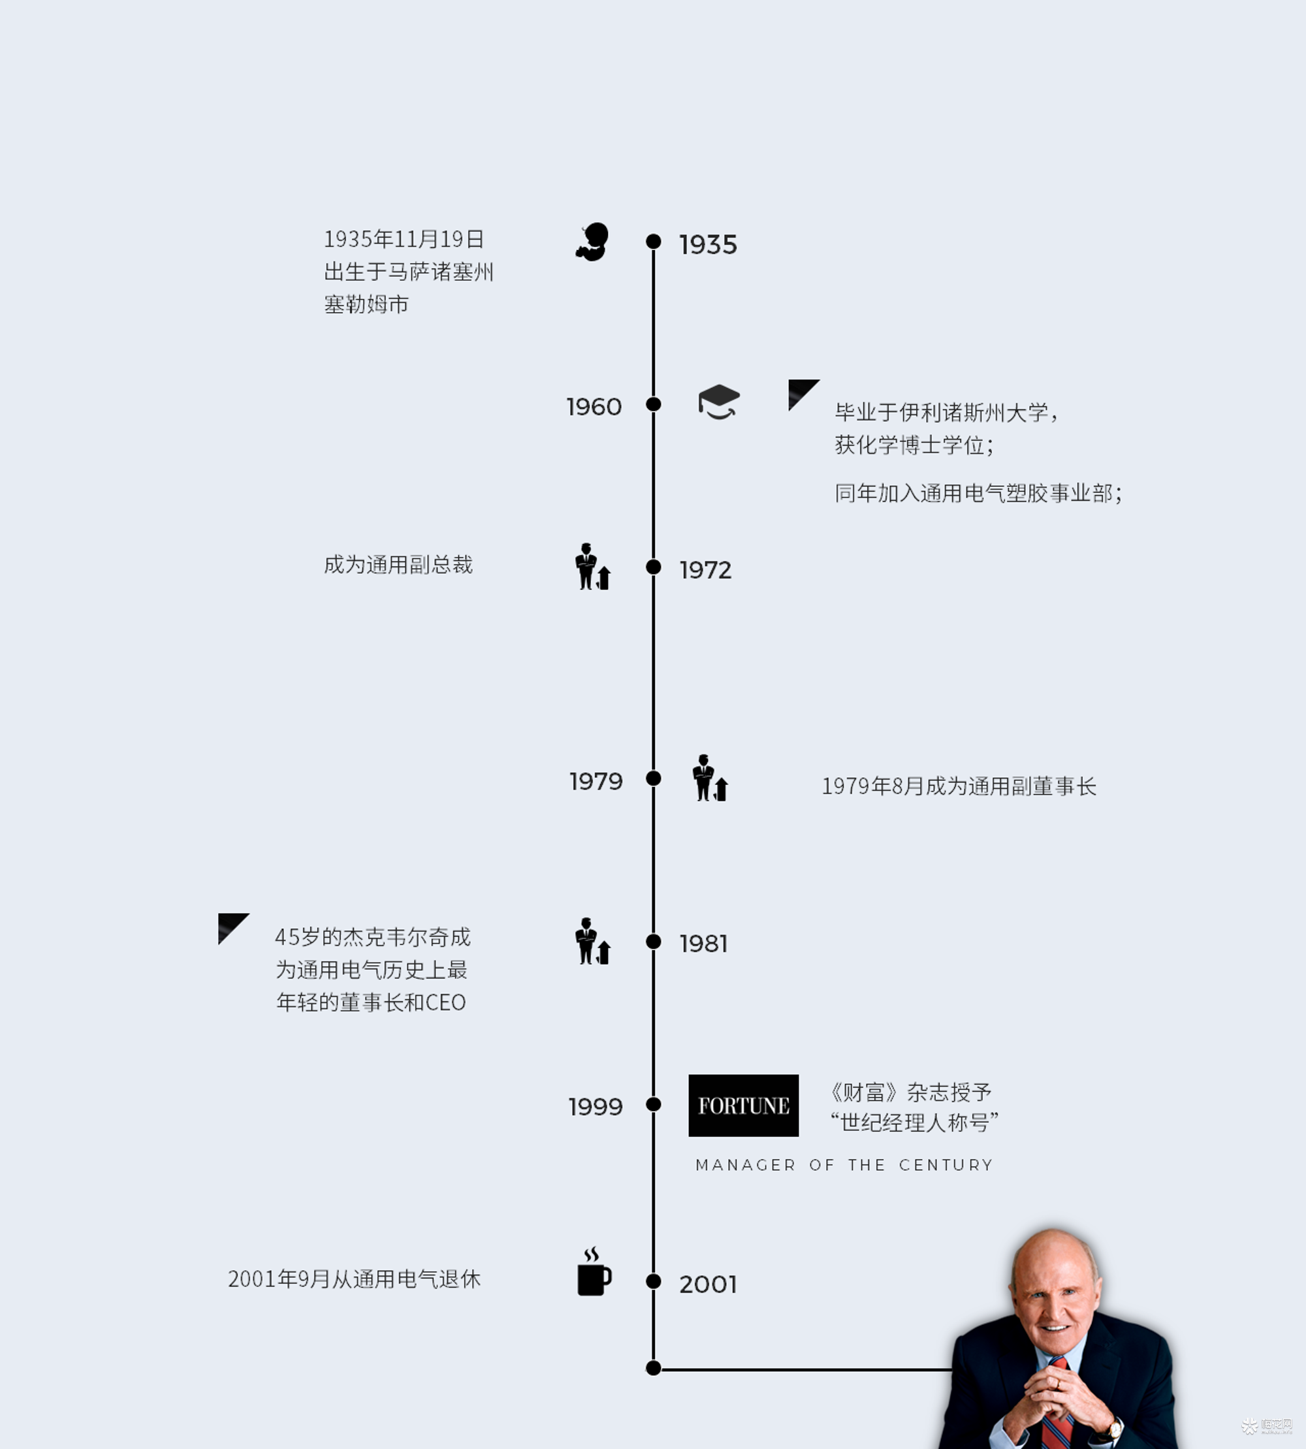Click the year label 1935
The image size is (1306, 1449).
(708, 245)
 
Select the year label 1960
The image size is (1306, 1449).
(594, 407)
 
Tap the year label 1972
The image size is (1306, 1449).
(705, 570)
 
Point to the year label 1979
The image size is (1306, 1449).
(596, 781)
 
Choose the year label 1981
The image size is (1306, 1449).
(703, 943)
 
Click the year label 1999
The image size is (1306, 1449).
(596, 1106)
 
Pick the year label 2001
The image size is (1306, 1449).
(708, 1284)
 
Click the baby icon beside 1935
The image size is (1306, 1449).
(593, 242)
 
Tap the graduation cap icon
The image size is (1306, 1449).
(719, 402)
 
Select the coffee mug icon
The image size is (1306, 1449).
(594, 1272)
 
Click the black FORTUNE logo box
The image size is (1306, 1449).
(743, 1106)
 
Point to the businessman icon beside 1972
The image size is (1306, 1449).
(593, 566)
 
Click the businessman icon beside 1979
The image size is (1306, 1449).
(710, 778)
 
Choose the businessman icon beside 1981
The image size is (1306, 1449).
(593, 941)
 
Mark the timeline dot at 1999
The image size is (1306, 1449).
(654, 1104)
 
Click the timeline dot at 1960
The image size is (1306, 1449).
(654, 404)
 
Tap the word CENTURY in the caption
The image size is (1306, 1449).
(946, 1165)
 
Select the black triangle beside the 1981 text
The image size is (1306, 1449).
(231, 926)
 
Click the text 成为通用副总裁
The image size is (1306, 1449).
(398, 565)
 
